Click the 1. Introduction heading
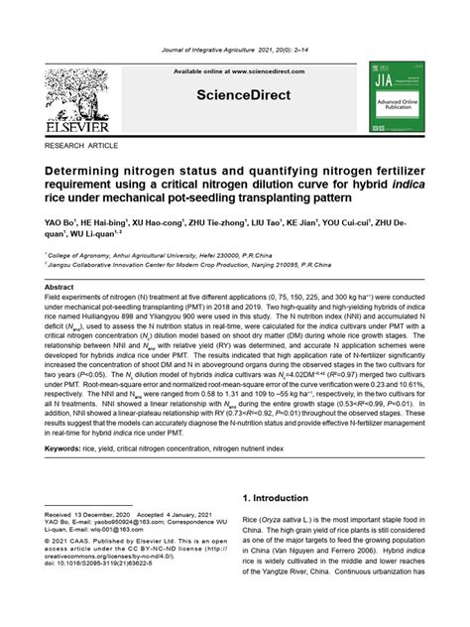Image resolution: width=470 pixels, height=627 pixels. point(286,497)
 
